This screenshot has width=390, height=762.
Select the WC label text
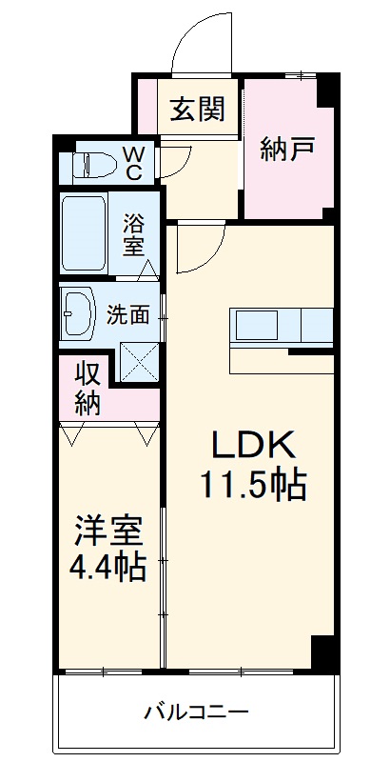(133, 164)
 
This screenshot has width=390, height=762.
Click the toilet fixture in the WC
(91, 165)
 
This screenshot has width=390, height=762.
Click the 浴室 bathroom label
(133, 233)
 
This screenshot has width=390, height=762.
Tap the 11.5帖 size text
(252, 486)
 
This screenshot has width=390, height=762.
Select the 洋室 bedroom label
(108, 531)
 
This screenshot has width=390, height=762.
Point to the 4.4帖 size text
(107, 568)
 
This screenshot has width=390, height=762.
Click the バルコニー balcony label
(197, 712)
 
